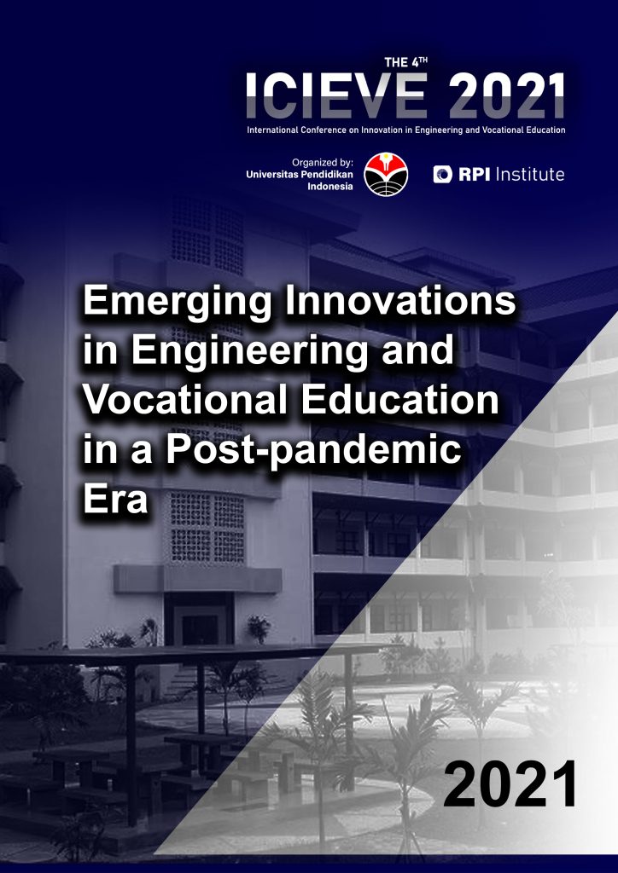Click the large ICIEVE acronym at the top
coord(336,96)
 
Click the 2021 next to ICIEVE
coord(507,96)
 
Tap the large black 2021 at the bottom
coord(510,785)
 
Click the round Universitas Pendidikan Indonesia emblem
coord(386,174)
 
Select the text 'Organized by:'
coord(323,163)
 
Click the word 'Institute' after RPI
coord(529,174)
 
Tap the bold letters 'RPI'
coord(475,175)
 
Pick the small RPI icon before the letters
coord(442,174)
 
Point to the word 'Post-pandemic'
coord(313,450)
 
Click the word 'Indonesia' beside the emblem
coord(330,187)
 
